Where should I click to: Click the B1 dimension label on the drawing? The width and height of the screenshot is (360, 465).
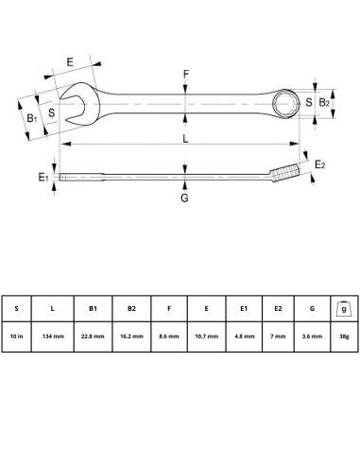[32, 118]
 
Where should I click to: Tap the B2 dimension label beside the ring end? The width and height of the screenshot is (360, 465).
[323, 102]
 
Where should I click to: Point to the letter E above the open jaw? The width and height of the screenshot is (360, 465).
[71, 63]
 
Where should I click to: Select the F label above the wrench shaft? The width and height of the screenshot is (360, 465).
[186, 74]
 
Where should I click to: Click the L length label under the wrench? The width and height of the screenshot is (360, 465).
[186, 139]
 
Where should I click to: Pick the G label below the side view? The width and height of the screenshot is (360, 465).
[184, 198]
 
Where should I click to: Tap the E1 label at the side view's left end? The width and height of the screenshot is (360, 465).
[43, 177]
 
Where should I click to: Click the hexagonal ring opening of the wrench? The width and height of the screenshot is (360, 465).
[285, 102]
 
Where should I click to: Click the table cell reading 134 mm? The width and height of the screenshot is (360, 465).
[54, 335]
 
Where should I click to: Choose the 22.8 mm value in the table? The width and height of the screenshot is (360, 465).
[93, 335]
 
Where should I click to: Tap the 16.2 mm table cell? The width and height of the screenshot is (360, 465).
[131, 335]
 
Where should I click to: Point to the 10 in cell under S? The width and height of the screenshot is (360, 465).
[17, 335]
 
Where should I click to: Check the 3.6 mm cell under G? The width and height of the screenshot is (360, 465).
[311, 335]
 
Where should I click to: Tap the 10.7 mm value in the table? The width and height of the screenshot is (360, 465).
[207, 335]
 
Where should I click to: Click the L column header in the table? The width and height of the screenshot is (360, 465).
[54, 308]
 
